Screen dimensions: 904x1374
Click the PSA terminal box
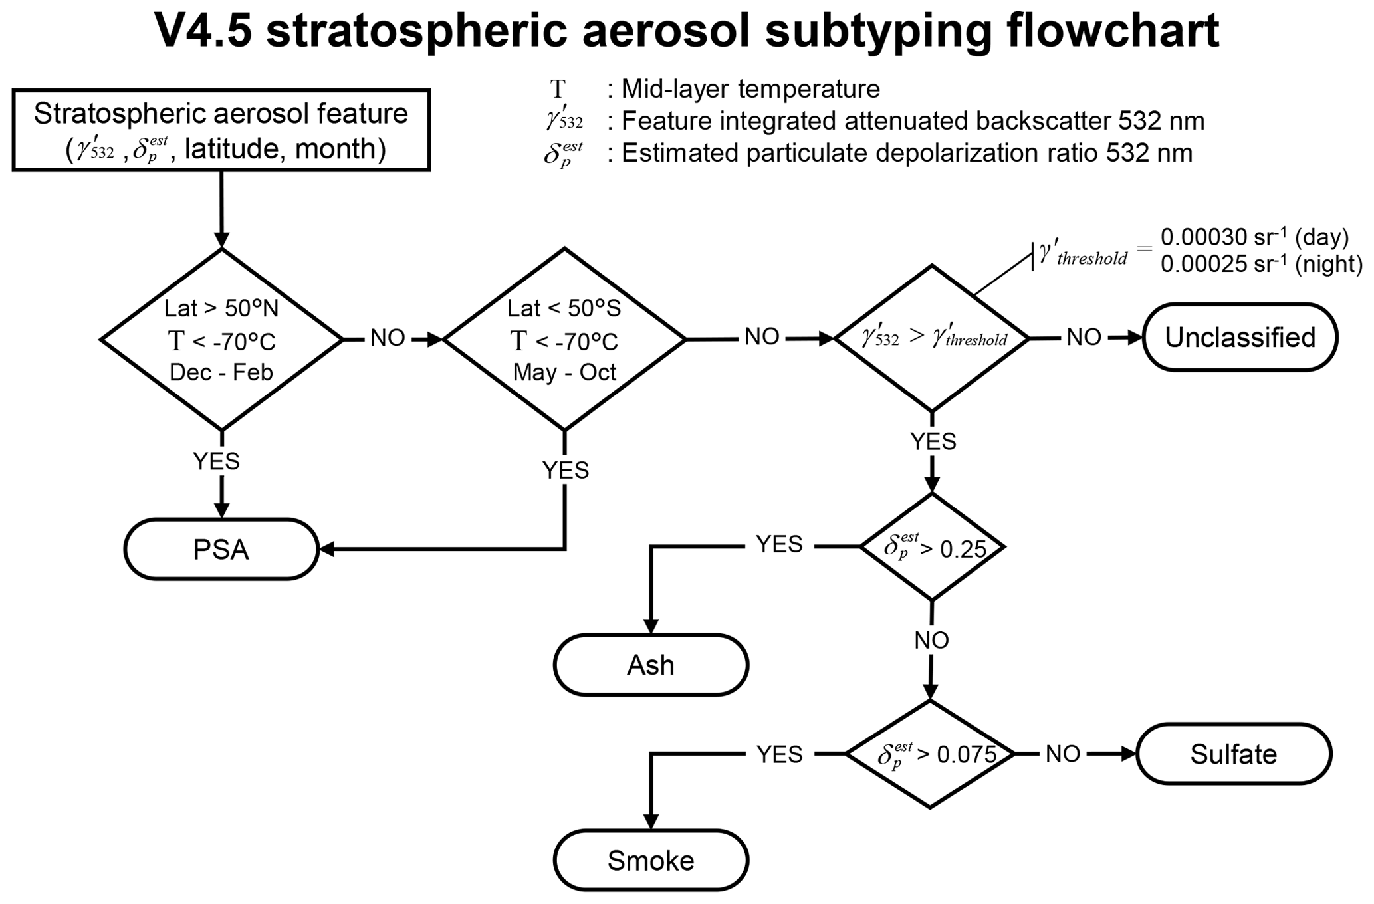coord(221,550)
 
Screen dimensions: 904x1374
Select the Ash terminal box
coord(651,665)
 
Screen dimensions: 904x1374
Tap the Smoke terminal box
coord(651,861)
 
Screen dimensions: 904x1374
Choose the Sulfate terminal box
coord(1234,754)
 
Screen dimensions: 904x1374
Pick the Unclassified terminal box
coord(1240,338)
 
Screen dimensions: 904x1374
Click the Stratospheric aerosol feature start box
coord(221,130)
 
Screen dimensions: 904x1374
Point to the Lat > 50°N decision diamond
coord(221,339)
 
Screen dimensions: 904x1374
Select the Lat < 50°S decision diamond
coord(564,339)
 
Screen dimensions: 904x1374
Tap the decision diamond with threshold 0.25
coord(932,547)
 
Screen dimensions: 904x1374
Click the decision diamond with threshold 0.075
coord(931,754)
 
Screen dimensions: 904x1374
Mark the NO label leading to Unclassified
coord(1084,338)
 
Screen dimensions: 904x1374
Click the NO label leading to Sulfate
coord(1063,754)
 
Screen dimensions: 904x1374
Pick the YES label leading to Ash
coord(780,544)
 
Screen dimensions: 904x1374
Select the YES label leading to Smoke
coord(780,754)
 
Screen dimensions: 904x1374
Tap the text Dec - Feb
coord(221,372)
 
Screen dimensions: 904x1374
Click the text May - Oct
coord(564,372)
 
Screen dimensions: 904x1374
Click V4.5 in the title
coord(203,30)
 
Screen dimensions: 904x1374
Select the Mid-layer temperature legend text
coord(750,89)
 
